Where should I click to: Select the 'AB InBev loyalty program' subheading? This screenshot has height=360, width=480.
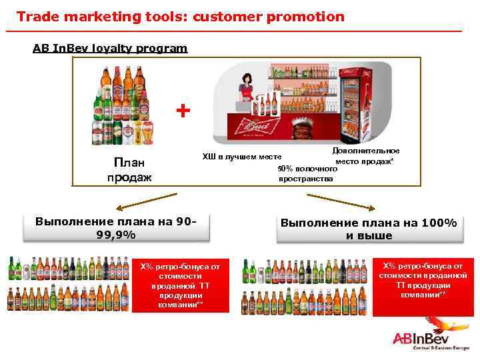(x=110, y=48)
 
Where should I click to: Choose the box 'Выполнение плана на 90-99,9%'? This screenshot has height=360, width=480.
(x=116, y=227)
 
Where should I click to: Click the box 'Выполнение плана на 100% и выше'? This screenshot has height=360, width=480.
(x=369, y=229)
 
